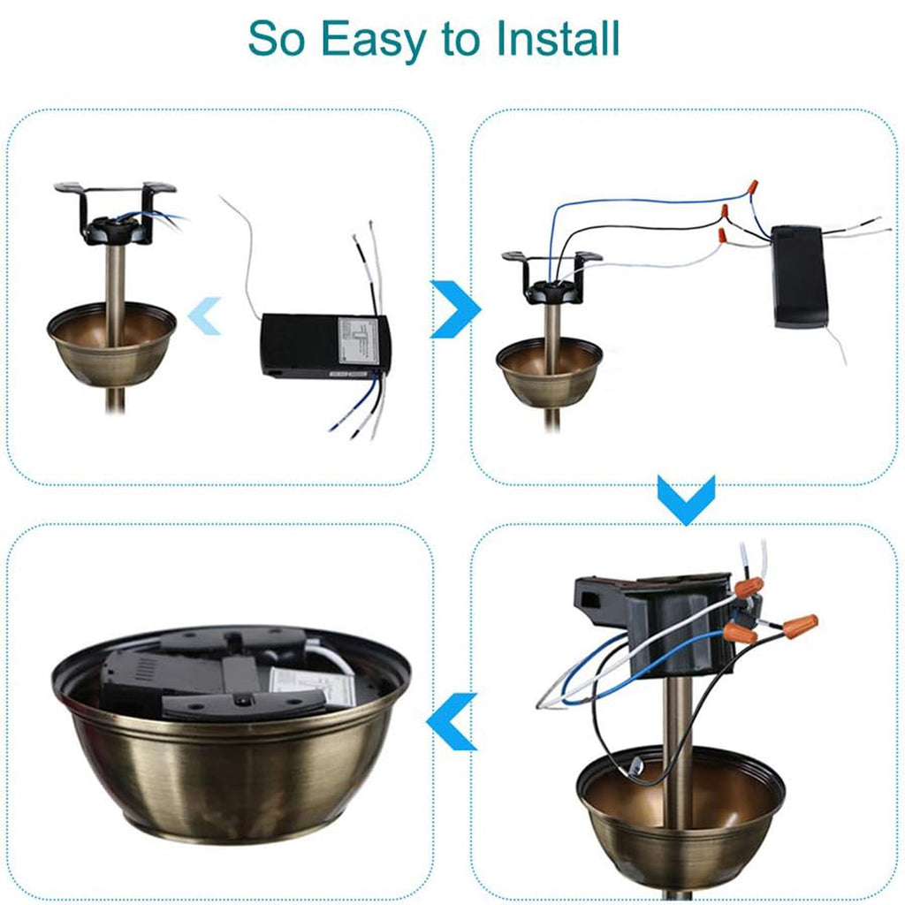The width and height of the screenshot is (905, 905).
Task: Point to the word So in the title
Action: click(x=278, y=38)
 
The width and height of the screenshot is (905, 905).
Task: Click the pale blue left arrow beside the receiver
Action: click(x=204, y=316)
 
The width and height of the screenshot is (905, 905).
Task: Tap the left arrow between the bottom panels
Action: click(x=452, y=720)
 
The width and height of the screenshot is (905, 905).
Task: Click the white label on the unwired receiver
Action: click(x=358, y=341)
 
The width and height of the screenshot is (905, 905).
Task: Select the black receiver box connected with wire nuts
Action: click(x=798, y=276)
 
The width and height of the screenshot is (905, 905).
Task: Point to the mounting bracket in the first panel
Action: click(x=115, y=212)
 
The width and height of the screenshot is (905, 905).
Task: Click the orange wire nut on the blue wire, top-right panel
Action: click(x=752, y=187)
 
